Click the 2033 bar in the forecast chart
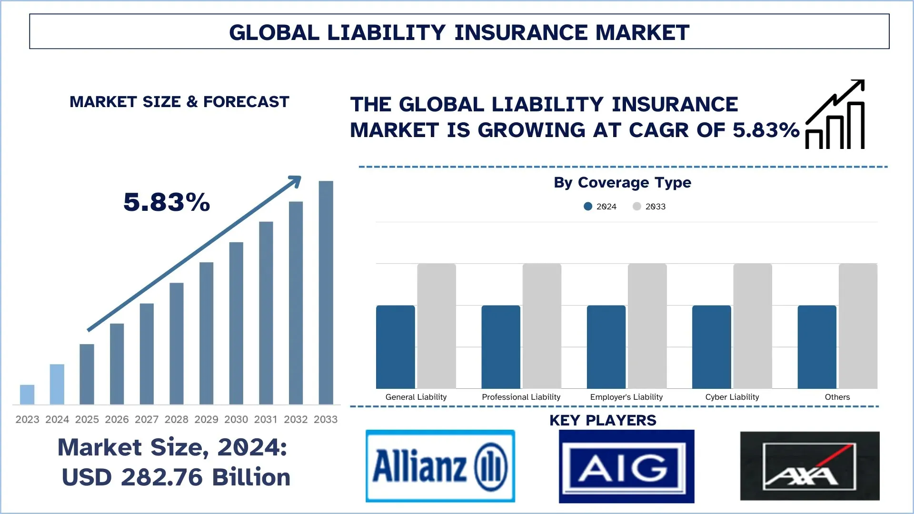(x=326, y=292)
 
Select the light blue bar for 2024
(x=57, y=384)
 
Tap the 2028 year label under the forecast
(x=176, y=419)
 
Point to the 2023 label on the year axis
(x=27, y=419)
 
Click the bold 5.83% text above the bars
(x=167, y=202)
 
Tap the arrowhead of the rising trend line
(x=296, y=181)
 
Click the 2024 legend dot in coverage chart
(x=588, y=207)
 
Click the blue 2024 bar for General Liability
(x=395, y=347)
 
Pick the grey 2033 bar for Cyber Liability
(x=752, y=326)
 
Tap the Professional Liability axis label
(x=521, y=397)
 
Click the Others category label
(x=837, y=397)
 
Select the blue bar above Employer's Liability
(x=606, y=347)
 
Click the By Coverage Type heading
(x=622, y=183)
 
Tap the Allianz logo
(x=440, y=466)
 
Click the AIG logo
(x=626, y=466)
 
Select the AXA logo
(x=809, y=466)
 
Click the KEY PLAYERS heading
(x=603, y=421)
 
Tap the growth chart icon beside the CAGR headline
(x=835, y=115)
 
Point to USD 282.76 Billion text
(x=176, y=477)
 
